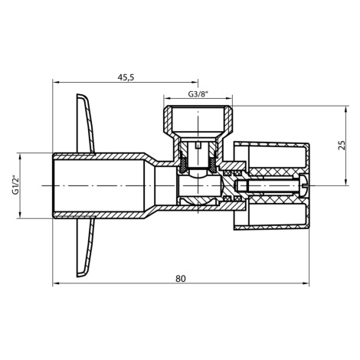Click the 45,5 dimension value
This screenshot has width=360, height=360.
tap(126, 77)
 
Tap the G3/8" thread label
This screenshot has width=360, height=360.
tap(198, 94)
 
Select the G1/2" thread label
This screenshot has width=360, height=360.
tap(15, 185)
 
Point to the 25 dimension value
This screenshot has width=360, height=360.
tap(342, 145)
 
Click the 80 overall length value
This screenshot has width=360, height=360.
tap(181, 279)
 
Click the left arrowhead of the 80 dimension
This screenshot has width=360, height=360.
tap(56, 283)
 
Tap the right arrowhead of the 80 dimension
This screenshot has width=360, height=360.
tap(306, 283)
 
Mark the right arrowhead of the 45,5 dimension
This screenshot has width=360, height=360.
tap(195, 82)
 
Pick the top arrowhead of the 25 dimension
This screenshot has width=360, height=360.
tap(345, 110)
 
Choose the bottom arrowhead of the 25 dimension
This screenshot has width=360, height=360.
tap(345, 182)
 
